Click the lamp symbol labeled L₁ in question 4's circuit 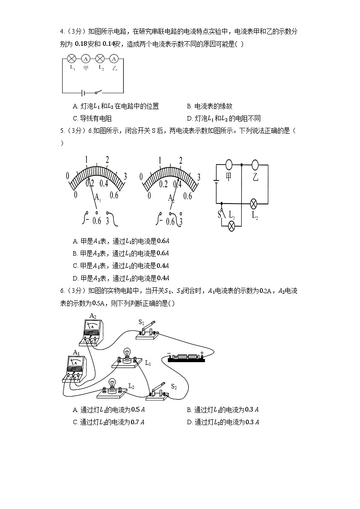point(71,58)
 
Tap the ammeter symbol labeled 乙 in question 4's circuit point(115,58)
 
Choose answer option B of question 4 point(209,107)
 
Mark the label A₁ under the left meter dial point(97,198)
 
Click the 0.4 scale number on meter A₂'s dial point(177,184)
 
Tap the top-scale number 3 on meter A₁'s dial point(126,177)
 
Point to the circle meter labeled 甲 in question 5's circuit point(229,165)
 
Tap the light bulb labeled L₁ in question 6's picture point(127,354)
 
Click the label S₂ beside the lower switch point(173,387)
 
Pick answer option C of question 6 point(109,422)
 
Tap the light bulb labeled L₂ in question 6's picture point(111,385)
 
